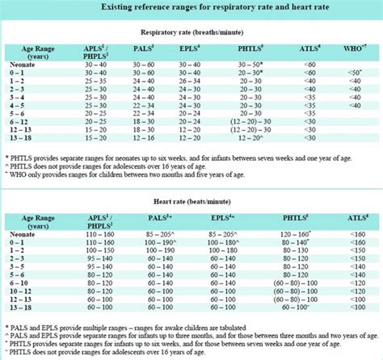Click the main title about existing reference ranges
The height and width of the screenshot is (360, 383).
click(x=191, y=7)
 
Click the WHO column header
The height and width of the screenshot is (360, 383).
click(x=356, y=50)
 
